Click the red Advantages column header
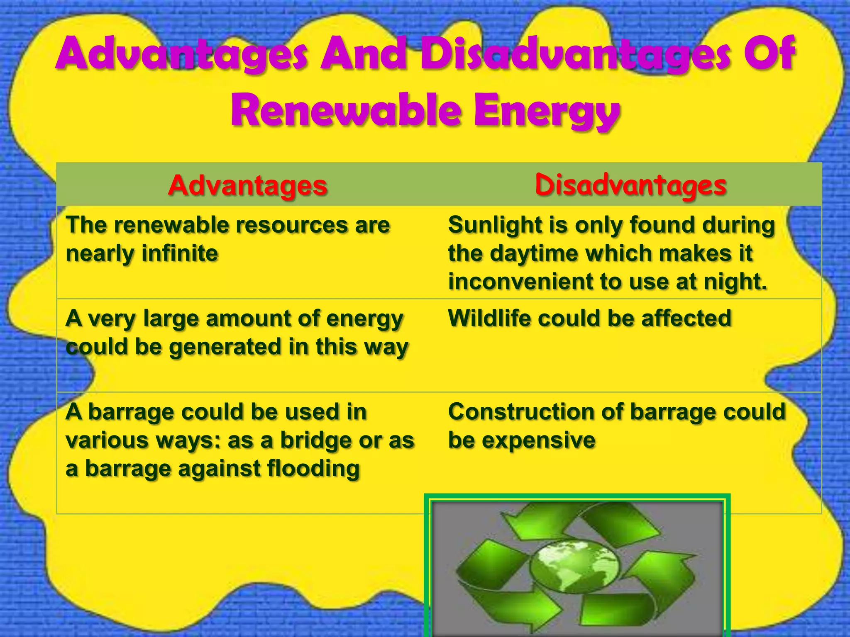click(248, 185)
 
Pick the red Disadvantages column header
click(630, 185)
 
